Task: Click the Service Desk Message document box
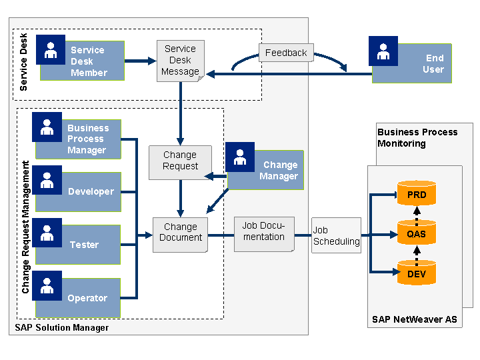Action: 181,60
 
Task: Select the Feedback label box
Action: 286,53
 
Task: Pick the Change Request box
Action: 180,161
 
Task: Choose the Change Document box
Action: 180,233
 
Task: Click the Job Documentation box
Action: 264,233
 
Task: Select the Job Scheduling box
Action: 336,235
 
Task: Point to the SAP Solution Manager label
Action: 61,327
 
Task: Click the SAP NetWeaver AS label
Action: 414,319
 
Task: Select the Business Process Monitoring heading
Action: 417,137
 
